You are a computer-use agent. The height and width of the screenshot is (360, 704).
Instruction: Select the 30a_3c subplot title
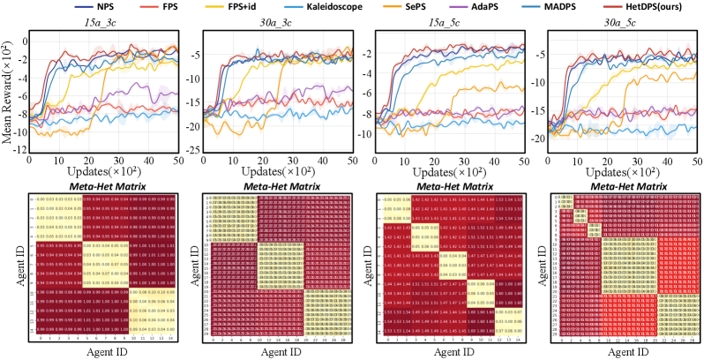point(277,22)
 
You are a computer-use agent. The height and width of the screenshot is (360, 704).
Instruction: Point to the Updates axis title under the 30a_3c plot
point(277,165)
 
